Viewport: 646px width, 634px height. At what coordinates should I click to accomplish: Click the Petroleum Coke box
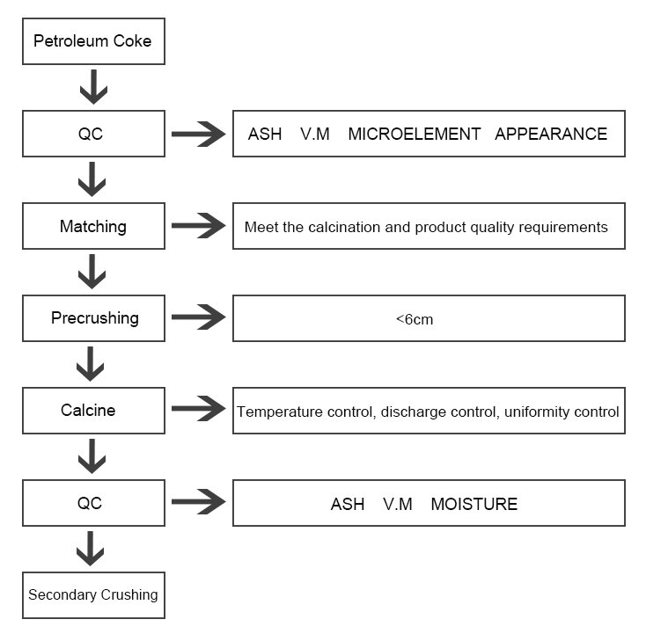93,41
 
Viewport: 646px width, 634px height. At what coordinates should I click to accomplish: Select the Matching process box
93,226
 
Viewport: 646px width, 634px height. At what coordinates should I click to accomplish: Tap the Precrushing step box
93,318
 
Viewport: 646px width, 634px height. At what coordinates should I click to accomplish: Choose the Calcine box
93,411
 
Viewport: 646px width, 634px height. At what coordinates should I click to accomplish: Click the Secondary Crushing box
93,595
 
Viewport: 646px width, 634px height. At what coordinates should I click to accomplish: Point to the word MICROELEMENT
415,135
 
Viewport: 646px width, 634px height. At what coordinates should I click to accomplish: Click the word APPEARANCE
551,135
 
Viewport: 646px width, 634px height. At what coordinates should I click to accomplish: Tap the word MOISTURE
474,505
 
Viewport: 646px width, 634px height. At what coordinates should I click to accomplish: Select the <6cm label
415,319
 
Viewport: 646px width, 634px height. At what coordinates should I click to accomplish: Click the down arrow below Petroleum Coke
93,86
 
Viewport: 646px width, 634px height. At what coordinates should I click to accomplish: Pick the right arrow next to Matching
199,226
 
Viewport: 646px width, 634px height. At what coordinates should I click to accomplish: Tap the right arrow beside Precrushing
199,317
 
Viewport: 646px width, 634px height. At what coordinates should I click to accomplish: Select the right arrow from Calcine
199,408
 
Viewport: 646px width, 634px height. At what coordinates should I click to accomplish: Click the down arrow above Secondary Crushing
91,549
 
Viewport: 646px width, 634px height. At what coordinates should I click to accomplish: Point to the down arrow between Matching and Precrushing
92,272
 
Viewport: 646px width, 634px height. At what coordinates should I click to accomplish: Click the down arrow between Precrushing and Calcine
91,363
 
